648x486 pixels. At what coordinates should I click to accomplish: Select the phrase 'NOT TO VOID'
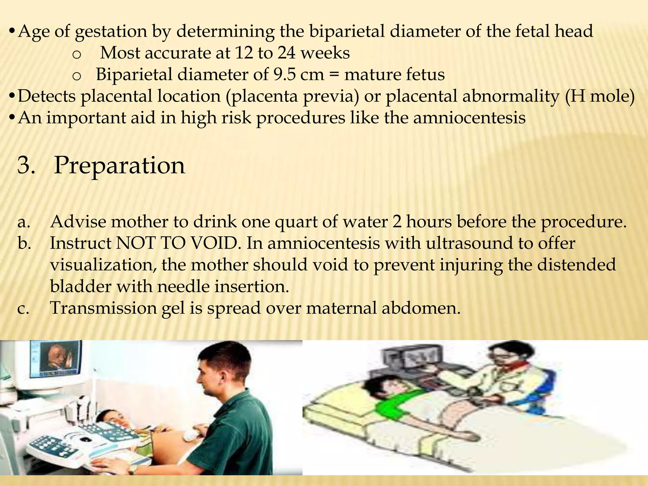pos(177,243)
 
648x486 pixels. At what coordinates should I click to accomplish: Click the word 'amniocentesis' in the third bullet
pos(469,118)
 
